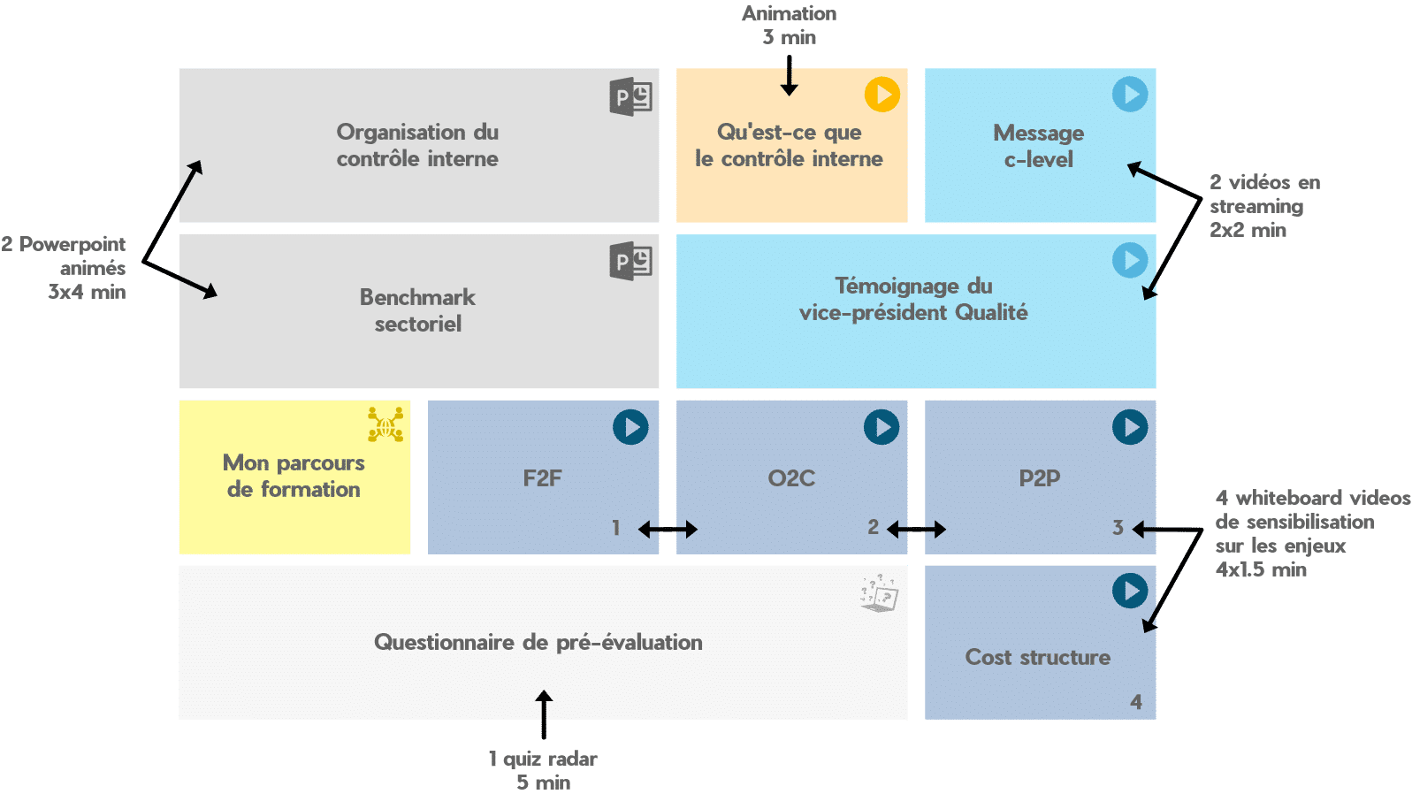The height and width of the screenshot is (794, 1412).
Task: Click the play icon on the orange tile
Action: [x=882, y=94]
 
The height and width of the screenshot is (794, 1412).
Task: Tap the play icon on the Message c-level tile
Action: [x=1130, y=94]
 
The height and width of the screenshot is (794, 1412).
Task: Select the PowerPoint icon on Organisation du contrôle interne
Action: [x=630, y=96]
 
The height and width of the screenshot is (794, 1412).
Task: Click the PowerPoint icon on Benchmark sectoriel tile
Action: [x=630, y=262]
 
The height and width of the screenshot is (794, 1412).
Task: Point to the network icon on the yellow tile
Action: [x=385, y=424]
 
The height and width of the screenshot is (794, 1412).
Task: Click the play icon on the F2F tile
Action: [x=630, y=427]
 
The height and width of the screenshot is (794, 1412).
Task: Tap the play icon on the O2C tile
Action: [x=882, y=427]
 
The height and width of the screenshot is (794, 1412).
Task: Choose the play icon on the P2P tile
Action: [x=1130, y=427]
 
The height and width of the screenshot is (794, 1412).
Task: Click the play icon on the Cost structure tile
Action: [x=1130, y=591]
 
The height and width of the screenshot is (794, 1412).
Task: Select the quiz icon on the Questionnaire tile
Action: [x=879, y=593]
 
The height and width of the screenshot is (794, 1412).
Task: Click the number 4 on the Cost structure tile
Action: [x=1136, y=702]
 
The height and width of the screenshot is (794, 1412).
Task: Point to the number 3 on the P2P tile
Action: [x=1118, y=528]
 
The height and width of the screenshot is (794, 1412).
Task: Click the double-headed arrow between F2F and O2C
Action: [x=668, y=530]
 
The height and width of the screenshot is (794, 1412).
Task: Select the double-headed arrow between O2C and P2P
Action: [x=916, y=530]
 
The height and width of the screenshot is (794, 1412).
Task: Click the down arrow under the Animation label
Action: [x=790, y=75]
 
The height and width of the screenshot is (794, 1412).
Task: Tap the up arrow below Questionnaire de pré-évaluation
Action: [x=544, y=714]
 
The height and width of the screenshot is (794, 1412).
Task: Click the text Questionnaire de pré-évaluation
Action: [x=538, y=642]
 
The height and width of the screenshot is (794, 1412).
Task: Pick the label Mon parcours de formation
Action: [x=294, y=476]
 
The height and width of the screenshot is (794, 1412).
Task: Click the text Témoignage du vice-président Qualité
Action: [x=913, y=299]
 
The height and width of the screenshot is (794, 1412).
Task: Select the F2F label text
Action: [x=542, y=478]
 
